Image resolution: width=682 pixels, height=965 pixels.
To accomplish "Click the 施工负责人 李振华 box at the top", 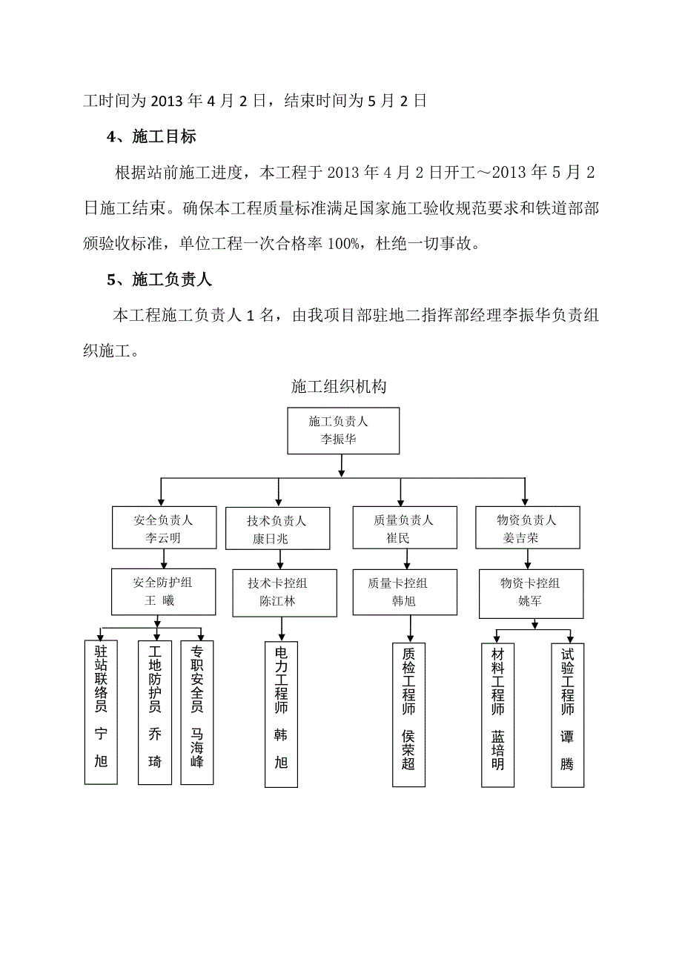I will [343, 430].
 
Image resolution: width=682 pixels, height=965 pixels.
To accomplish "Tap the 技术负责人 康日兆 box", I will [277, 529].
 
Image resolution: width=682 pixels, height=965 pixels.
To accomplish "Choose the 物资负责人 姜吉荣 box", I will [526, 528].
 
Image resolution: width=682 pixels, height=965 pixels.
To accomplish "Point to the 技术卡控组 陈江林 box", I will [277, 591].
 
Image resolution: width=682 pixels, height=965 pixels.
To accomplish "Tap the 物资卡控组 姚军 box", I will [530, 592].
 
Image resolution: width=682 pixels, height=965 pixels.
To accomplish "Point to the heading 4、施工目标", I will [151, 136].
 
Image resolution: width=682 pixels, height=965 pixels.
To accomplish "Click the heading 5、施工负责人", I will [159, 279].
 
